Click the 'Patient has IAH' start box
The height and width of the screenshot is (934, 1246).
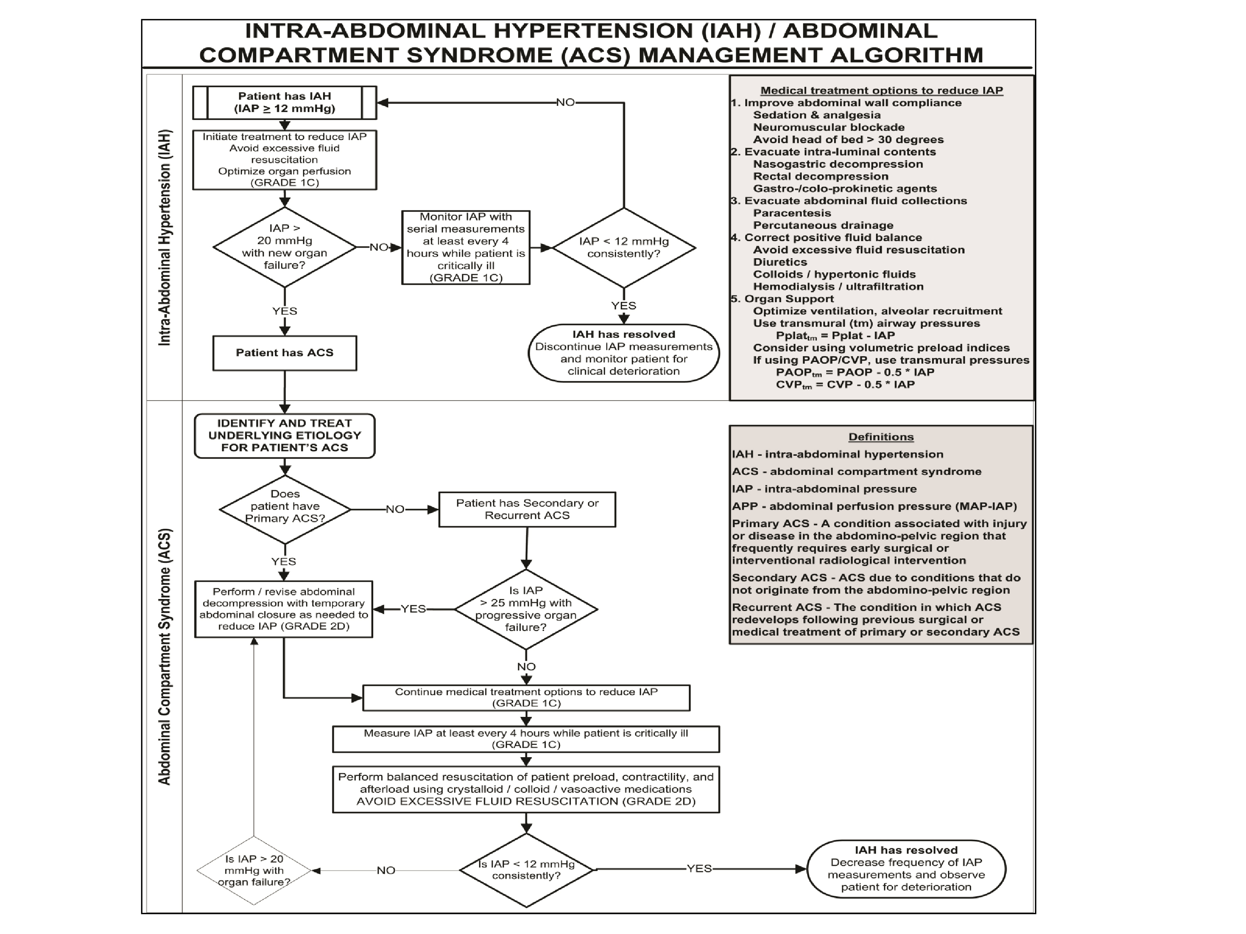284,103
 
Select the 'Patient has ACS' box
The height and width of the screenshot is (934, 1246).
284,353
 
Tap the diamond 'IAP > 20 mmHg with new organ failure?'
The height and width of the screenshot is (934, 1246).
284,247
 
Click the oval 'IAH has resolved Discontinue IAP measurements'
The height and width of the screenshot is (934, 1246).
624,353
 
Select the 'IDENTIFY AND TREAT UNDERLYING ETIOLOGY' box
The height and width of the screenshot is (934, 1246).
284,435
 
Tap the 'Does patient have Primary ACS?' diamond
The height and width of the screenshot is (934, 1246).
284,508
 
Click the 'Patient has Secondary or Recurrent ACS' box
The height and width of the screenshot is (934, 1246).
527,509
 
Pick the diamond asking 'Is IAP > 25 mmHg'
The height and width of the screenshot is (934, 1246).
526,609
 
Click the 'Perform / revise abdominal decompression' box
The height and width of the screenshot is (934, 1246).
283,609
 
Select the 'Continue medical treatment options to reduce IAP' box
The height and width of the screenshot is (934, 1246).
526,697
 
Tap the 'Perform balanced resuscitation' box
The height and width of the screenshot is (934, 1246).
526,789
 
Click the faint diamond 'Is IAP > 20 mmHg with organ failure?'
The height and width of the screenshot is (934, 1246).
254,870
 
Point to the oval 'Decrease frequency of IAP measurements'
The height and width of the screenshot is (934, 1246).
906,869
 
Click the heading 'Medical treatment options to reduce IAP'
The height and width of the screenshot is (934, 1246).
881,90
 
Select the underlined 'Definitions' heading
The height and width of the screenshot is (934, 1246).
881,437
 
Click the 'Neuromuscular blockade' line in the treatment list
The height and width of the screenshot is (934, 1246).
829,127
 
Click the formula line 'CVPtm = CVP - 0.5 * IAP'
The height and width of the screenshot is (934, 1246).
845,385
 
